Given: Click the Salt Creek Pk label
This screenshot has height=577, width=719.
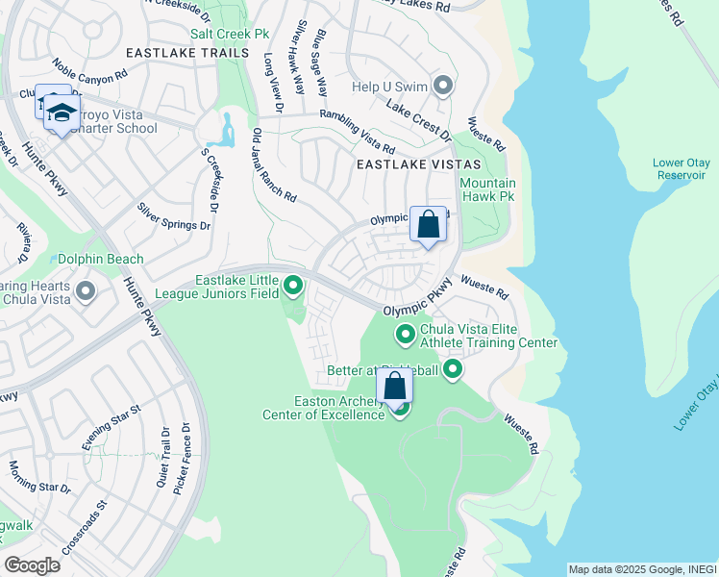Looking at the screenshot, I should click(x=229, y=34).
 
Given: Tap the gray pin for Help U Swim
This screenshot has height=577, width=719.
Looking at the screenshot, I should click(x=443, y=87).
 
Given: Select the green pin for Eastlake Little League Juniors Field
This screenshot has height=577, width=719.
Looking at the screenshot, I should click(x=293, y=286).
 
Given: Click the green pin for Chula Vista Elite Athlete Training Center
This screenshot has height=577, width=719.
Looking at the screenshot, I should click(x=406, y=335).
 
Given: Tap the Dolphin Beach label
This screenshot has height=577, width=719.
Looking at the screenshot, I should click(x=100, y=259).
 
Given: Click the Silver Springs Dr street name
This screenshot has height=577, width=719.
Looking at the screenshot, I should click(x=173, y=216).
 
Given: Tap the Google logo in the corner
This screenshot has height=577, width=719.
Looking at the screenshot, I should click(x=32, y=564).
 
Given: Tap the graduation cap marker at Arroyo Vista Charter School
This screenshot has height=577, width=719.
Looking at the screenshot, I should click(x=62, y=113).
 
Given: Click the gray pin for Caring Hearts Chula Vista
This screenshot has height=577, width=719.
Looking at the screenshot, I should click(x=86, y=290).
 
